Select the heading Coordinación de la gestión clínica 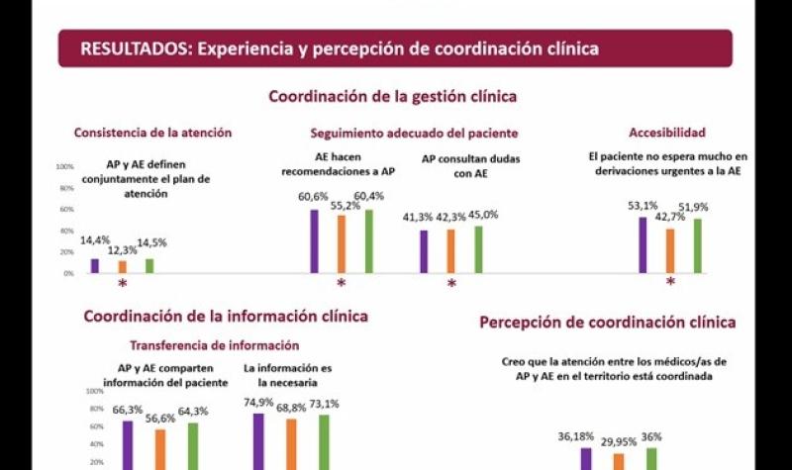[393, 96]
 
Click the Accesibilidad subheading [667, 133]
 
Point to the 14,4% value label [95, 240]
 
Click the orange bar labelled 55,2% [342, 243]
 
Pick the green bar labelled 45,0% [478, 248]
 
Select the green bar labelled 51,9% [697, 245]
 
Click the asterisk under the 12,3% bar [123, 285]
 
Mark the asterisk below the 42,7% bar [669, 283]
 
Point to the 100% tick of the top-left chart [65, 166]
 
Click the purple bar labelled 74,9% [259, 440]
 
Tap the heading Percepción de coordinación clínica [608, 323]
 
